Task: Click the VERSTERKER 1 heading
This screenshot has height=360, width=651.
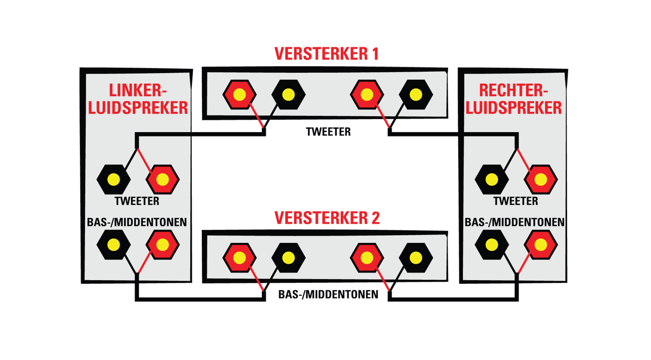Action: [x=327, y=54]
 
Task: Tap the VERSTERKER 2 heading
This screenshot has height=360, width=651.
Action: [x=327, y=218]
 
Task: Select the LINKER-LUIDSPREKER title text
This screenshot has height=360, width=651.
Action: [x=138, y=99]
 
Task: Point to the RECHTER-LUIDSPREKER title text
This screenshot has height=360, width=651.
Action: [x=514, y=99]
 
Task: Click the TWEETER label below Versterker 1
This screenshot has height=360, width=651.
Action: [x=328, y=132]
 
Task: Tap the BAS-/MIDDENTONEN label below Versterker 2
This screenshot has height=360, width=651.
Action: [x=328, y=294]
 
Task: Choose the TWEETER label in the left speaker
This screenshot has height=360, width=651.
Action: [x=137, y=201]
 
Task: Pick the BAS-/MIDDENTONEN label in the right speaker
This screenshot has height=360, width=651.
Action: [x=514, y=222]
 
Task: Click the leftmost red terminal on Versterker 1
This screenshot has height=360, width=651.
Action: [x=240, y=95]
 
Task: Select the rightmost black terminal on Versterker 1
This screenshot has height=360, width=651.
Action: [x=416, y=95]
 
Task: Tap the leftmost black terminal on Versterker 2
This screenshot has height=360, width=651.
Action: [x=288, y=258]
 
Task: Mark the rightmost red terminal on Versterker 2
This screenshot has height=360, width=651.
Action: [x=367, y=258]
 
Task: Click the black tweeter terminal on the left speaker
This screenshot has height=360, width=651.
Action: [x=113, y=179]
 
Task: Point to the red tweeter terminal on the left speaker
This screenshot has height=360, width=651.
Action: [x=162, y=179]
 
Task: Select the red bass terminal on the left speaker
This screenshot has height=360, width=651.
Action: [x=162, y=245]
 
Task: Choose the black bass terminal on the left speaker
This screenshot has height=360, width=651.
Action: [x=113, y=245]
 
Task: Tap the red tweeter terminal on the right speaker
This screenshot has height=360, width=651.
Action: [x=541, y=179]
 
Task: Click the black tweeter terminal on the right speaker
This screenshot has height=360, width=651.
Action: [x=492, y=179]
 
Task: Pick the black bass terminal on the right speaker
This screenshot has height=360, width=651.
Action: [x=492, y=245]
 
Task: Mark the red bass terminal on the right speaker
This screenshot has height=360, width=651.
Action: [x=541, y=245]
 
